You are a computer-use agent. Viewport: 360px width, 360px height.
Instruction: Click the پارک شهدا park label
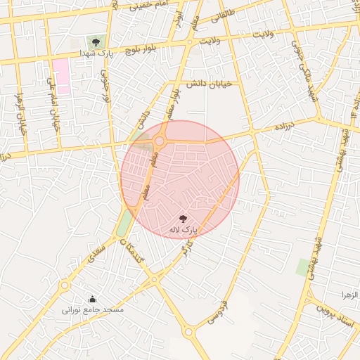pyautogui.click(x=96, y=53)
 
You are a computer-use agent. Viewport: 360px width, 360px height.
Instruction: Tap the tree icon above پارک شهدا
pyautogui.click(x=96, y=42)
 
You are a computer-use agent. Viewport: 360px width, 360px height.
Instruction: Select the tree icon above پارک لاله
pyautogui.click(x=183, y=219)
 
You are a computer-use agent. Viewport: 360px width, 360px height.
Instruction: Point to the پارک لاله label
pyautogui.click(x=184, y=230)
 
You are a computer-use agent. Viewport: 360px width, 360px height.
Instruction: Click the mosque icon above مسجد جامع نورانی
pyautogui.click(x=91, y=299)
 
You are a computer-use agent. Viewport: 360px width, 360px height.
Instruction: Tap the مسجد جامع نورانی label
pyautogui.click(x=92, y=309)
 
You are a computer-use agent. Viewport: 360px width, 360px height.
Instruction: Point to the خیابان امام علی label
pyautogui.click(x=52, y=105)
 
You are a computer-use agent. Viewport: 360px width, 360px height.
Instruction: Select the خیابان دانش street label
pyautogui.click(x=204, y=83)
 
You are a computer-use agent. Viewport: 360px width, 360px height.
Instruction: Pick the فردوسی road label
pyautogui.click(x=216, y=312)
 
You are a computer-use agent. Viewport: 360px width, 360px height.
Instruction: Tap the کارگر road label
pyautogui.click(x=186, y=247)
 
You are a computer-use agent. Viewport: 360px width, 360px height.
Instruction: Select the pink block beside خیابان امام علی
pyautogui.click(x=61, y=76)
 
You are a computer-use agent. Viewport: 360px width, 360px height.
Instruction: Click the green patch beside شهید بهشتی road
pyautogui.click(x=304, y=267)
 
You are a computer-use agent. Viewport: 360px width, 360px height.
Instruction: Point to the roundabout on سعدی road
pyautogui.click(x=65, y=285)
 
